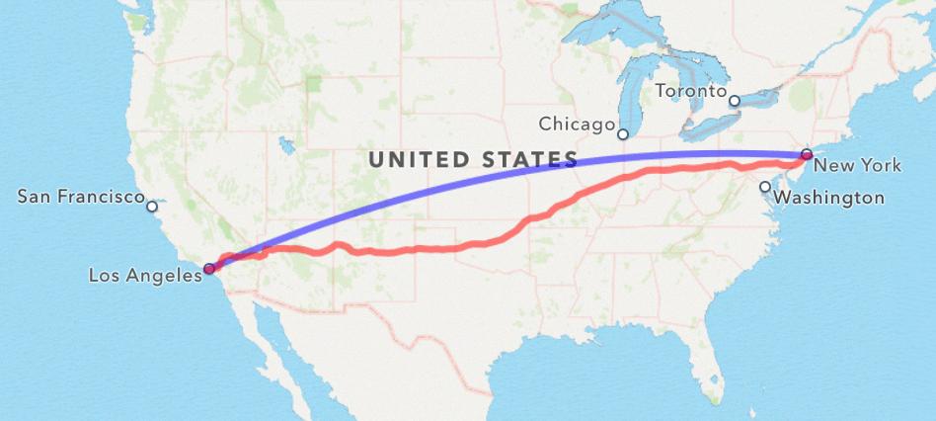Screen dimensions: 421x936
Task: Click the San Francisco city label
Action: click(x=81, y=198)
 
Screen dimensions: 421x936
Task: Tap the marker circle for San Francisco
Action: click(x=151, y=207)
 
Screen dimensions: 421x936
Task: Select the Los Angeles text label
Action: click(x=144, y=276)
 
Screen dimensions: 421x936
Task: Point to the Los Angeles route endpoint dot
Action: click(x=208, y=269)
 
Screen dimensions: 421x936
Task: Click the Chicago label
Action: click(x=577, y=124)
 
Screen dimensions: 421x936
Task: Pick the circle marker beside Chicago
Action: click(x=623, y=133)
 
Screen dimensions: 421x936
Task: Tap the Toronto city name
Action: click(x=690, y=91)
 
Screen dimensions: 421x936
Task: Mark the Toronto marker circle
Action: click(x=735, y=100)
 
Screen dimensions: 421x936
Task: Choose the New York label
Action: click(x=857, y=166)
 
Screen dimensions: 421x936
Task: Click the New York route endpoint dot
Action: click(x=807, y=153)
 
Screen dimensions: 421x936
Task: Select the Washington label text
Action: click(x=829, y=199)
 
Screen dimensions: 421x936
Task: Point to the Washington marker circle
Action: click(x=764, y=187)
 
